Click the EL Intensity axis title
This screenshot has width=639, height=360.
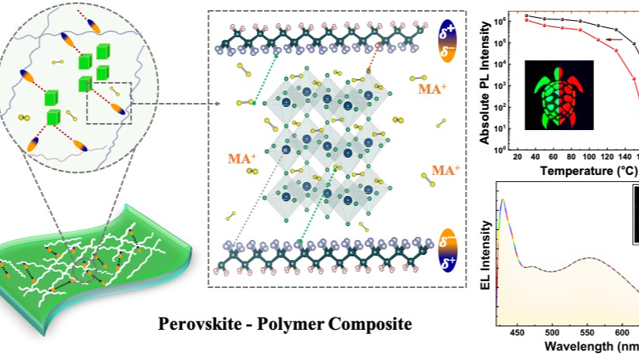[x=505, y=252]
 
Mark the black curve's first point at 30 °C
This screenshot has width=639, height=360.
[x=527, y=15]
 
